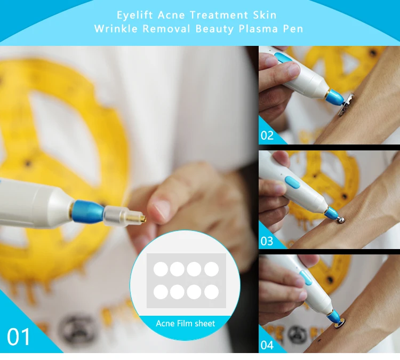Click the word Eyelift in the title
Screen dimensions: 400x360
coord(135,15)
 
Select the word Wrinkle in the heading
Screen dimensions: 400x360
coord(116,29)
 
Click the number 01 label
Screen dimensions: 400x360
coord(18,337)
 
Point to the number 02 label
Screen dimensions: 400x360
coord(267,135)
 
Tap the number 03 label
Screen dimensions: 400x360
coord(267,241)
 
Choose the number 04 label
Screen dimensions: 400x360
coord(267,345)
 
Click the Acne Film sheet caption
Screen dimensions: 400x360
coord(186,324)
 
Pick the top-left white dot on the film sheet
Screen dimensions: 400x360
coord(161,269)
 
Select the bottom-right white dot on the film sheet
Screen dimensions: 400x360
coord(212,292)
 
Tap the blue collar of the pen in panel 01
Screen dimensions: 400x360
coord(89,211)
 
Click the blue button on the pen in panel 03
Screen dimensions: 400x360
coord(293,182)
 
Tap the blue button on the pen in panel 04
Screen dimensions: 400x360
coord(306,277)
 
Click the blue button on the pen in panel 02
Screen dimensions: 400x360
coord(283,58)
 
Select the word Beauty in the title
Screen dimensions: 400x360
coord(214,29)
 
